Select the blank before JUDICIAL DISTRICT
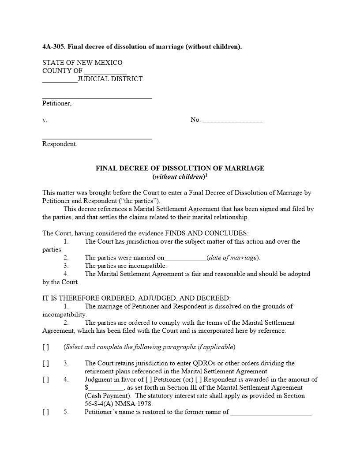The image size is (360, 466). click(60, 80)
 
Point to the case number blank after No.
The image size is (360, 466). click(232, 120)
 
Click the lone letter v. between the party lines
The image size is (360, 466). click(45, 120)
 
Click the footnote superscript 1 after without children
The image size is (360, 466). click(206, 175)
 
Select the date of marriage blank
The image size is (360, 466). click(185, 258)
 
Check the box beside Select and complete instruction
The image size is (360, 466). click(46, 347)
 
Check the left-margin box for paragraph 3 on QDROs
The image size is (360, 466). click(46, 363)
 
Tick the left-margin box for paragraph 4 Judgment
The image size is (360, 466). click(46, 380)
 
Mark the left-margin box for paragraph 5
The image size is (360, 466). click(46, 412)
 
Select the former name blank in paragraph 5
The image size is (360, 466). click(271, 413)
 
